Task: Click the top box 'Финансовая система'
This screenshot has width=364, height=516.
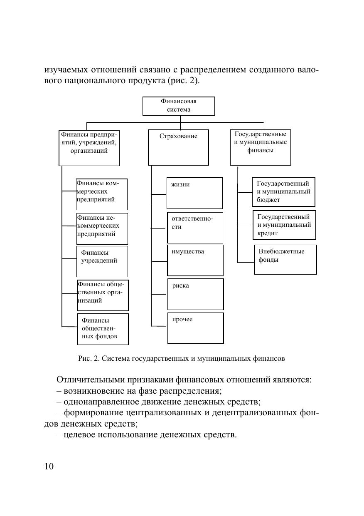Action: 179,106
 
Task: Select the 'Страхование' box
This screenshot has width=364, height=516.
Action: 178,147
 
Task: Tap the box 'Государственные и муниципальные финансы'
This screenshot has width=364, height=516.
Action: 261,147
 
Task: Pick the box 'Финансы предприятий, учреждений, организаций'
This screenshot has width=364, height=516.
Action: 89,148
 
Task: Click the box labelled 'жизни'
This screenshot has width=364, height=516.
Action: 194,193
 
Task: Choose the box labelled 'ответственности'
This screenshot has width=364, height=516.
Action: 195,227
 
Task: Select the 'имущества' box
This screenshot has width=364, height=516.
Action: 195,260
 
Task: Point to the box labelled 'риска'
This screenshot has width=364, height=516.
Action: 195,294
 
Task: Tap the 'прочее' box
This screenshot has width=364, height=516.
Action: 195,327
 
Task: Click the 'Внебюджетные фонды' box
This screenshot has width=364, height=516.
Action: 285,259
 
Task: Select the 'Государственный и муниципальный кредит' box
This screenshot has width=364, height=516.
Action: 284,225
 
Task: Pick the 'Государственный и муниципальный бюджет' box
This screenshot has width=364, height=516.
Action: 283,191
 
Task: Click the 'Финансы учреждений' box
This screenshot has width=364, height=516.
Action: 102,261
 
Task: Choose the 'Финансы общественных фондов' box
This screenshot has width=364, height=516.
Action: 103,329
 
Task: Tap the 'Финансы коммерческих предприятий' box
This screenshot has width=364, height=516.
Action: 101,194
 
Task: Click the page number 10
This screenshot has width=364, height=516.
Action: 49,466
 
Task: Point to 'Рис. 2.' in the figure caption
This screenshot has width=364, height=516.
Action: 89,358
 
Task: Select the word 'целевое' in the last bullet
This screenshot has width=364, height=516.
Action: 79,436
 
